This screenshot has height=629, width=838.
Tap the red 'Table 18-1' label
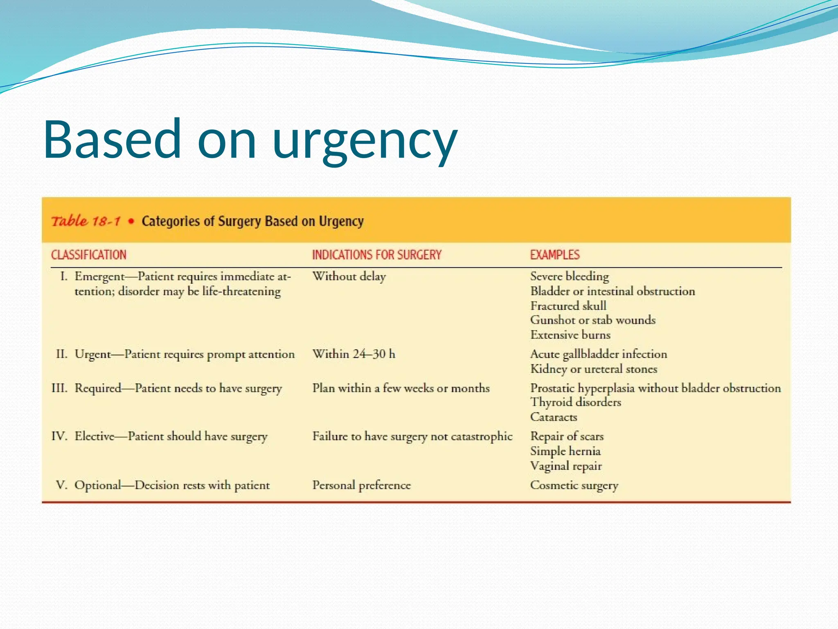click(x=86, y=222)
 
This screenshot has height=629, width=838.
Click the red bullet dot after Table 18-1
click(x=131, y=222)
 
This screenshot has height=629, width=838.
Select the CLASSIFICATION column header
click(x=89, y=255)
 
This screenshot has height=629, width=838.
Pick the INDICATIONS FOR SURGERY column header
click(x=377, y=255)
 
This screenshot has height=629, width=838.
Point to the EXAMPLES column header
click(x=555, y=255)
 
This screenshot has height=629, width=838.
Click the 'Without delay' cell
click(x=349, y=276)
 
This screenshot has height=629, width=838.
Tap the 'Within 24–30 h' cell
click(x=354, y=354)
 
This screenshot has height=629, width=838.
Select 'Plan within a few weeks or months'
click(x=401, y=388)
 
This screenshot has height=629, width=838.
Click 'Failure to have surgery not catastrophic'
click(x=412, y=436)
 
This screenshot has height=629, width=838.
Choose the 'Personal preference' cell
click(x=361, y=485)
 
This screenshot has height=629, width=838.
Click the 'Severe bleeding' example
click(x=570, y=276)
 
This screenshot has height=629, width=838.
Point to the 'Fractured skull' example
click(x=568, y=306)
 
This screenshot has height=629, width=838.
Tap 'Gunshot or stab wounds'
click(x=593, y=320)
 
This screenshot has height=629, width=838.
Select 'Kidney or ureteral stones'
click(x=594, y=369)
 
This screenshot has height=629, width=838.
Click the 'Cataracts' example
click(x=554, y=417)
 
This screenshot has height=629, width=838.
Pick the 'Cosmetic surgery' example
click(x=574, y=485)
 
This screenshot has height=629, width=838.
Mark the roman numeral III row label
click(x=59, y=388)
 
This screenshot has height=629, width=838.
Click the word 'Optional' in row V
click(x=98, y=485)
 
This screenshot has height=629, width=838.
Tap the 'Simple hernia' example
click(x=565, y=451)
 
